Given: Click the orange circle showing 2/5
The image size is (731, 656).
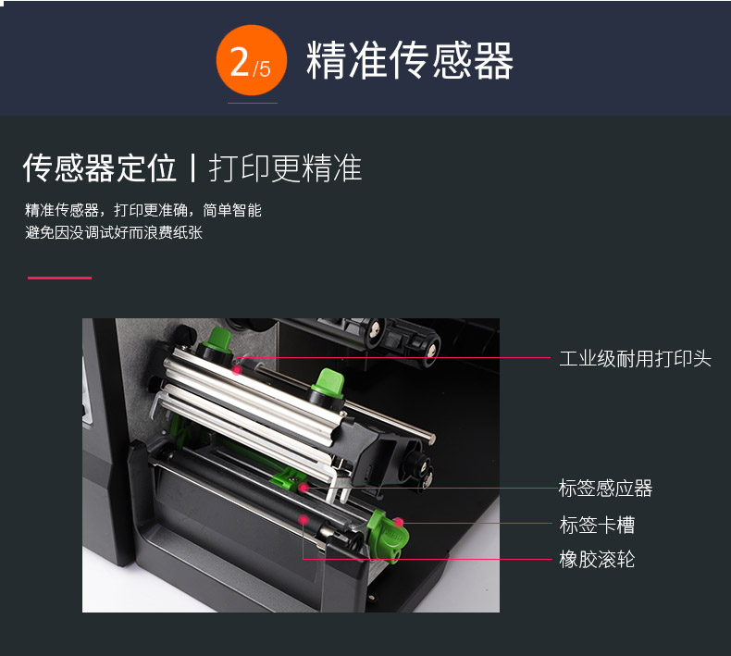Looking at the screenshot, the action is (252, 60).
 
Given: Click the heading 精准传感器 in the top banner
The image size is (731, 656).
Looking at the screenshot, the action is (410, 60).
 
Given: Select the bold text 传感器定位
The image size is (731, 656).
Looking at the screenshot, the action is (100, 167).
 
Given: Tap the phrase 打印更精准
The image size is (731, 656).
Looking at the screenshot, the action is (285, 167).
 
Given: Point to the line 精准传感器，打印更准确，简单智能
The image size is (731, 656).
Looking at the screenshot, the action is (143, 210).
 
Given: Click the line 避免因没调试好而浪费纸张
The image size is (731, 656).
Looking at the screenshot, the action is (114, 232).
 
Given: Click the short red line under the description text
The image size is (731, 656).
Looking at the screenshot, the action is (59, 278).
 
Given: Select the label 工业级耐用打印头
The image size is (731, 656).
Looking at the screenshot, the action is (635, 359).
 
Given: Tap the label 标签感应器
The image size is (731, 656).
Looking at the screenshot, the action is (605, 489).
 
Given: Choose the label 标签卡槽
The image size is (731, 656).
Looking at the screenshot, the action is (597, 525).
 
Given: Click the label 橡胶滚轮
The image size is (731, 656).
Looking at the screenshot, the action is (597, 560).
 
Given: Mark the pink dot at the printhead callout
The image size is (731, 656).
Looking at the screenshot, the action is (237, 370).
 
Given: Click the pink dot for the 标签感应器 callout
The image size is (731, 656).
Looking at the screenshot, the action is (304, 488).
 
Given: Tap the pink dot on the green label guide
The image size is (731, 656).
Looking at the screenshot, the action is (399, 522).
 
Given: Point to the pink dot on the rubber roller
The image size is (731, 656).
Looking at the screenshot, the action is (303, 519).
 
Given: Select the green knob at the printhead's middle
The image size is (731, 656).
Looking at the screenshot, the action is (328, 383).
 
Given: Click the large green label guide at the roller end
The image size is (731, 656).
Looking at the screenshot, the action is (388, 535).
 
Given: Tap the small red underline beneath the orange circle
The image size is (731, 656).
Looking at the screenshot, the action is (253, 103).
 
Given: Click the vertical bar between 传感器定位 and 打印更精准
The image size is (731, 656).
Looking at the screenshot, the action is (192, 167).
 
